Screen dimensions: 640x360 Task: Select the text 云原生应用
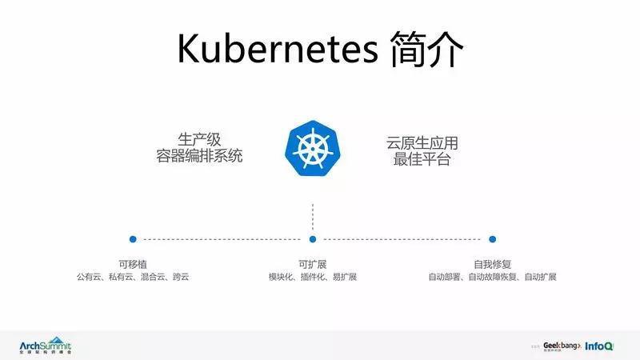422,143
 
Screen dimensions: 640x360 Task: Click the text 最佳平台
422,159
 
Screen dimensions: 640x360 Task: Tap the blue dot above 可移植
133,238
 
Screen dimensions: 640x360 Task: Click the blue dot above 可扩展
313,238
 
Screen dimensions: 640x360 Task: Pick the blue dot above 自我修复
493,238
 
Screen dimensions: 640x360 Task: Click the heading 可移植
133,263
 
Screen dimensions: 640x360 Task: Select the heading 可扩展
313,263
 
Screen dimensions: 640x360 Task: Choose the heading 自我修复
493,263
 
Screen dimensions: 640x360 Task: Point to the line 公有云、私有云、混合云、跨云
133,277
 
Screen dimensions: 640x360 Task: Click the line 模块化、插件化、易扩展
313,277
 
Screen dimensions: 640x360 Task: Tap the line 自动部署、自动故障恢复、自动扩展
493,277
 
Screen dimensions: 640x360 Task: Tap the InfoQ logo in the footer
599,346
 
